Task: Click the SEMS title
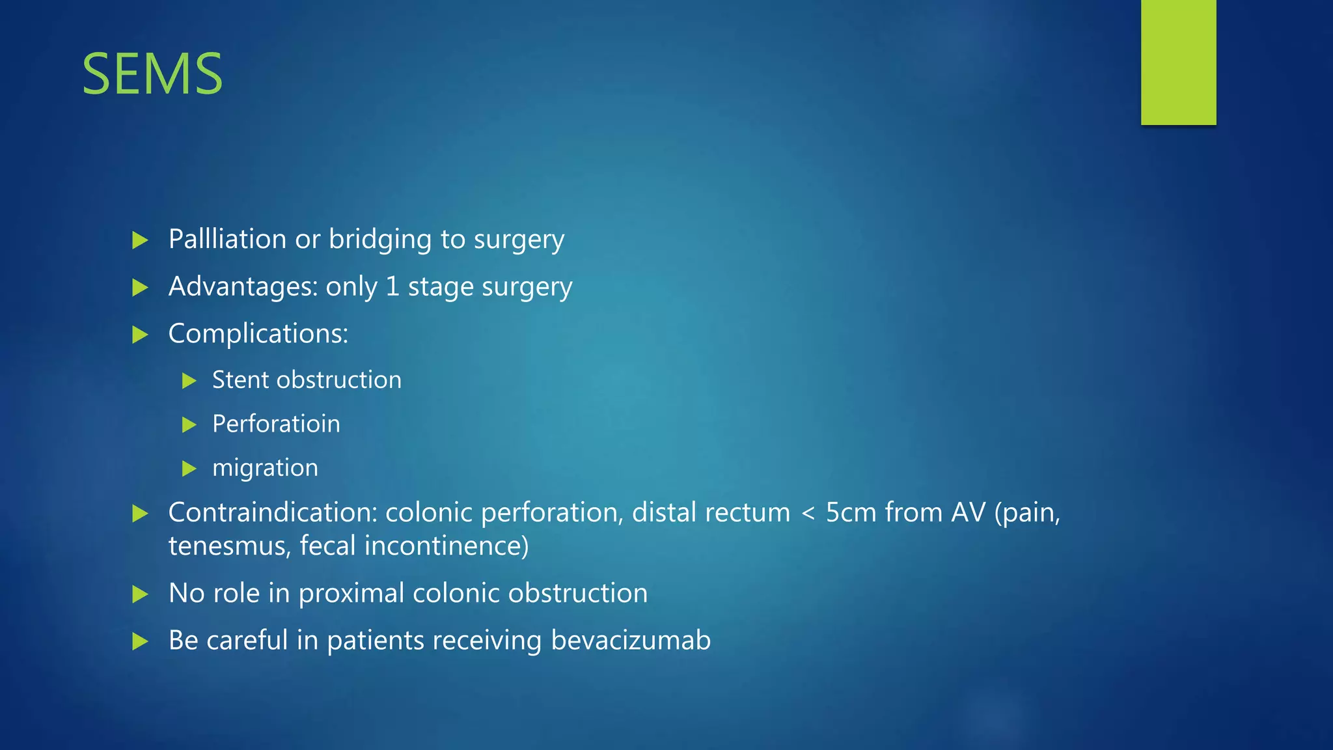(x=152, y=74)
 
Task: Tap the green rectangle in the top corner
(x=1178, y=62)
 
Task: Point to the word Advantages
(x=243, y=287)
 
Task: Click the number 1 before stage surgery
(x=392, y=287)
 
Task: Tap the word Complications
(x=258, y=334)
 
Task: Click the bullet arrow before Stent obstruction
(x=189, y=381)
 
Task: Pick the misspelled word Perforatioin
(x=276, y=424)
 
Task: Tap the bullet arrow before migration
(x=189, y=469)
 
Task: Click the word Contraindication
(x=273, y=513)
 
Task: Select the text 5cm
(x=850, y=513)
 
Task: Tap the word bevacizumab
(x=631, y=641)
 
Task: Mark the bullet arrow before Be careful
(x=140, y=642)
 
